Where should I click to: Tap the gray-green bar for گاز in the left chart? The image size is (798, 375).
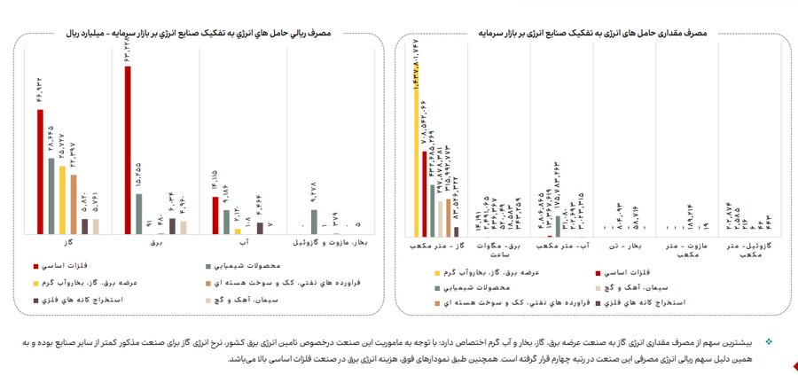click(51, 195)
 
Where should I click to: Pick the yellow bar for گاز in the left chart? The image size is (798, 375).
click(62, 199)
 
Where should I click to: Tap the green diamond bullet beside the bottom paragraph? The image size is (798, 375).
click(769, 340)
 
